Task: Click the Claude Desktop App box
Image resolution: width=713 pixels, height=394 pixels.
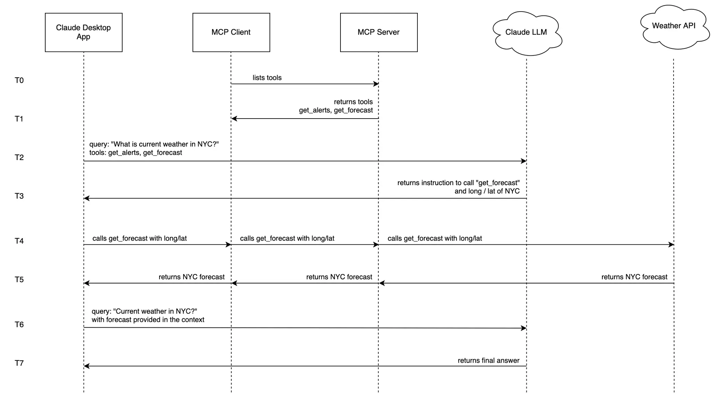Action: pos(84,32)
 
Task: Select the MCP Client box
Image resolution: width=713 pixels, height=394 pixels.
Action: pos(231,32)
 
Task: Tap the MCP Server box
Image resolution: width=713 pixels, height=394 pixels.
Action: pos(379,32)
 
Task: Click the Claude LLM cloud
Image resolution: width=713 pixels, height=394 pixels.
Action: pos(526,32)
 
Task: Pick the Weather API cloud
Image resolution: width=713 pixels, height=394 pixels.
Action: pos(674,26)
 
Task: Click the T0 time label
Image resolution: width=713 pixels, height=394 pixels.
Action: pos(19,81)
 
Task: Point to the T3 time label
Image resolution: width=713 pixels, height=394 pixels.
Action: pos(19,196)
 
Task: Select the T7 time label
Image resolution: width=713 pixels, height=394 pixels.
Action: pos(19,363)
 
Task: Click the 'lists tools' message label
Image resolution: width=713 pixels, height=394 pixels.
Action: pos(267,78)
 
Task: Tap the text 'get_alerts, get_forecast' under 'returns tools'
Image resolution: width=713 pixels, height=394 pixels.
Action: pos(336,111)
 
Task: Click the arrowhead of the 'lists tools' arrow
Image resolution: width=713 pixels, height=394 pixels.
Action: pos(376,84)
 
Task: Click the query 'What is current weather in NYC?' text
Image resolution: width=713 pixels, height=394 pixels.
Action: pos(154,144)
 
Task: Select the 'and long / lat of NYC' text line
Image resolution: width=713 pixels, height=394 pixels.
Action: pos(487,191)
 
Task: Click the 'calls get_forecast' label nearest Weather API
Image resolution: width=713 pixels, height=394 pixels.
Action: pos(434,238)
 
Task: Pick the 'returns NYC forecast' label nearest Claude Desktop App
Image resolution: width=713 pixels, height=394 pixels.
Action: pos(191,277)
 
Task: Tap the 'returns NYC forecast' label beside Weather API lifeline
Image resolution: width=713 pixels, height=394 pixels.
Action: pos(634,277)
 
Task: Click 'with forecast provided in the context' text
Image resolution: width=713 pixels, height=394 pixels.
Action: pos(148,320)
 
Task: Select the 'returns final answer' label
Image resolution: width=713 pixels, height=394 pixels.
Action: pos(488,361)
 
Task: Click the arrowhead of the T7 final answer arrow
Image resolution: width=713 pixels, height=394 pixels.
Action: pos(86,366)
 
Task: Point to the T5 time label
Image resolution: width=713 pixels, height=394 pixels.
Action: pos(19,280)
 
